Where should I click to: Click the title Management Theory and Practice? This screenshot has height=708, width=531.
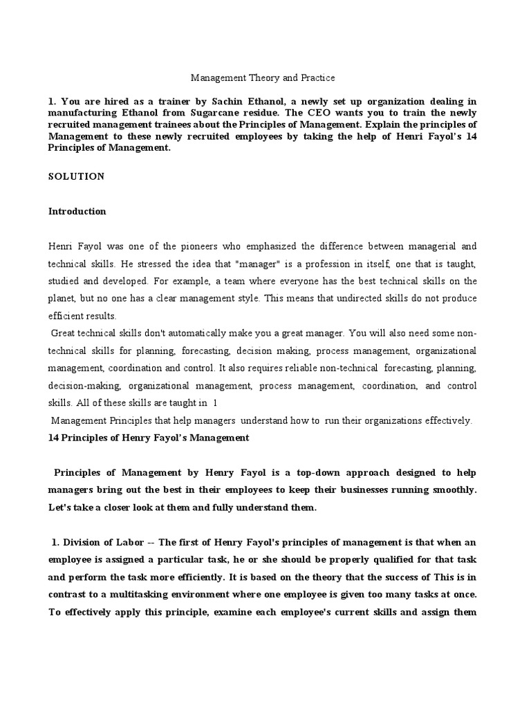[x=263, y=78]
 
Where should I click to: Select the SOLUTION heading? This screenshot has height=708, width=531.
[x=76, y=176]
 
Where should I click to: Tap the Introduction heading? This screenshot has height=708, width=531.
[x=77, y=212]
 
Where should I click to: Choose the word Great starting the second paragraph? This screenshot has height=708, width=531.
[x=66, y=333]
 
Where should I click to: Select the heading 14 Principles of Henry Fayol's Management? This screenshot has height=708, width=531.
[x=149, y=438]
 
